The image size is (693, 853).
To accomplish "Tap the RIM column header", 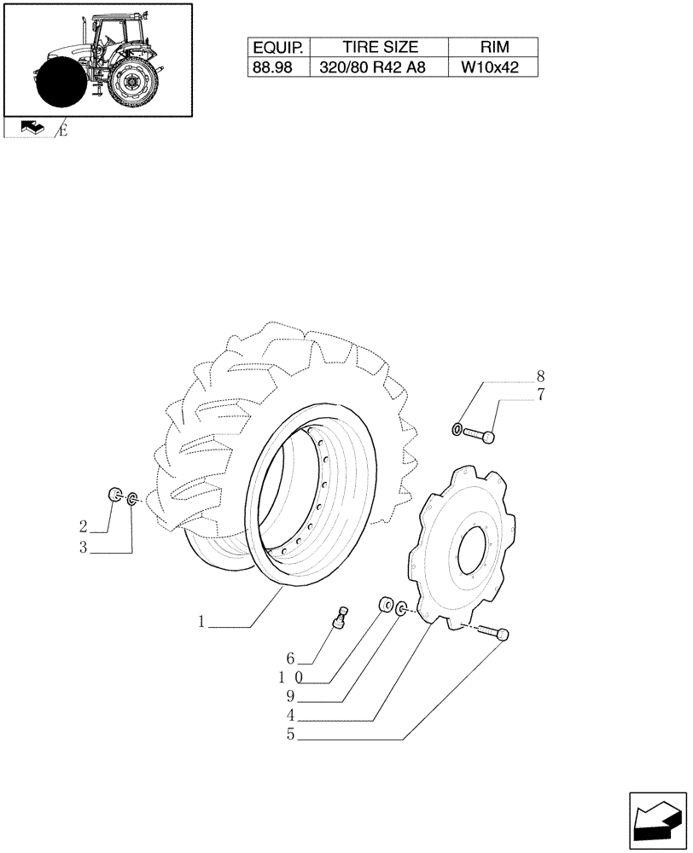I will click(495, 48).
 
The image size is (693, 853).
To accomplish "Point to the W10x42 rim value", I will click(495, 68).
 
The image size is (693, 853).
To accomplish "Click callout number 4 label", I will click(291, 715).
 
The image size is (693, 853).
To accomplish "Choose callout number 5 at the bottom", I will click(291, 734).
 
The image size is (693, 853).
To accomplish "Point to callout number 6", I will click(291, 659).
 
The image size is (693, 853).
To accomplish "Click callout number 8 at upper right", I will click(539, 376).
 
